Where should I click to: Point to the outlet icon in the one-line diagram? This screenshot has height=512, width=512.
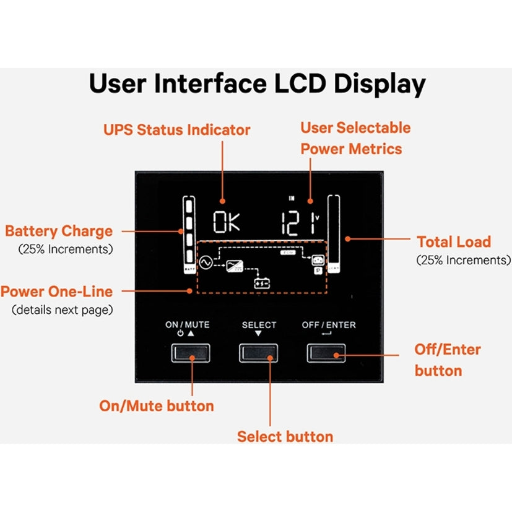tap(317, 260)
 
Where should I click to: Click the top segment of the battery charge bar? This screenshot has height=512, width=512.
tap(188, 206)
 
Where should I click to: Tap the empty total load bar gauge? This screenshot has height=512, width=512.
tap(334, 232)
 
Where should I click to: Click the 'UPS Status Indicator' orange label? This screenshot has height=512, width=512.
tap(176, 130)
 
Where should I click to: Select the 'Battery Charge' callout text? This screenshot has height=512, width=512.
tap(59, 232)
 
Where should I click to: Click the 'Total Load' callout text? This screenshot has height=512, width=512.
tap(453, 242)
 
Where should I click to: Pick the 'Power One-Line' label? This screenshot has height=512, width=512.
tap(56, 291)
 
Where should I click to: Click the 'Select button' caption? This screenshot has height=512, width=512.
tap(285, 436)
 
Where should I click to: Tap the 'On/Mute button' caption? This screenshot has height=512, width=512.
tap(157, 406)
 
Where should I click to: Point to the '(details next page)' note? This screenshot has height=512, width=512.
tap(63, 309)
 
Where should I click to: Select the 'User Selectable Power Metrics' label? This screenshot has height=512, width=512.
tap(355, 138)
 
